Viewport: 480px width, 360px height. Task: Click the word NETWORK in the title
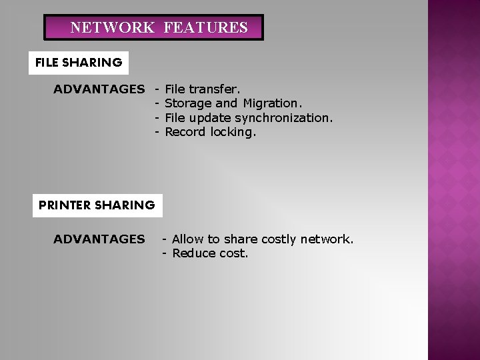pyautogui.click(x=113, y=28)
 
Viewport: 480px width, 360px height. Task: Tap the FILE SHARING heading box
pyautogui.click(x=79, y=63)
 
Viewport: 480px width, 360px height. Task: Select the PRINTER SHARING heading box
pyautogui.click(x=97, y=205)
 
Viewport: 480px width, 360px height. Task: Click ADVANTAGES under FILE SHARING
pyautogui.click(x=99, y=89)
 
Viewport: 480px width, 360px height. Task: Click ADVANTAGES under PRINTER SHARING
pyautogui.click(x=99, y=239)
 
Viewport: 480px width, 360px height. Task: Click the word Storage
pyautogui.click(x=188, y=103)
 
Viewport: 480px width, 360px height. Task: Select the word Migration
pyautogui.click(x=272, y=103)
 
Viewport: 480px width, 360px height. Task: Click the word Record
pyautogui.click(x=185, y=132)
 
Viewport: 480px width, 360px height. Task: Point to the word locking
pyautogui.click(x=233, y=132)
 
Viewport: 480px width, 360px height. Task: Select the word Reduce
pyautogui.click(x=194, y=253)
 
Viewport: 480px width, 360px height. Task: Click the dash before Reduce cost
pyautogui.click(x=165, y=253)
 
